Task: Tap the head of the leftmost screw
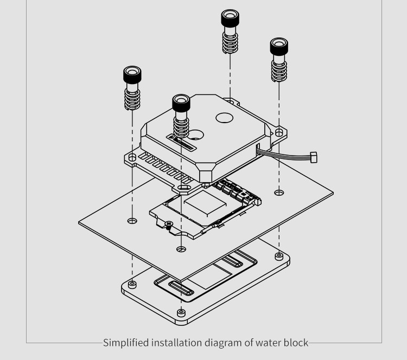132,74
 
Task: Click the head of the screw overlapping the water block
181,102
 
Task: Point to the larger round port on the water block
225,117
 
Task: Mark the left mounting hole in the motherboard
132,221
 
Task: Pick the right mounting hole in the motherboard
279,192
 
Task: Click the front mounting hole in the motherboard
181,249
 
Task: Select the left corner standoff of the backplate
132,283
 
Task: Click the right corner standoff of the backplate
279,255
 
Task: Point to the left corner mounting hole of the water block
132,157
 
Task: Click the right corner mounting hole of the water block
279,132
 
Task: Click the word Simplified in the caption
121,343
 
